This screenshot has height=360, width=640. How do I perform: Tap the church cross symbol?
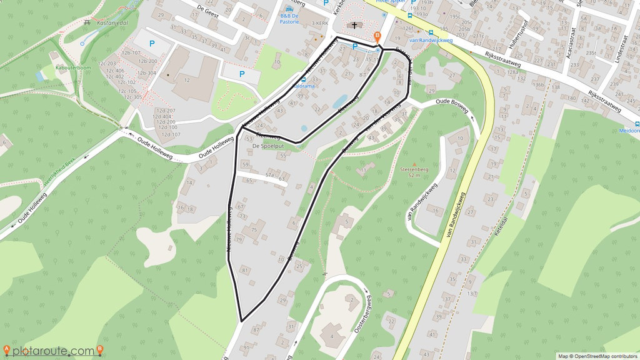click(x=356, y=26)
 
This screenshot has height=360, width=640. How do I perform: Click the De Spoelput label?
click(x=269, y=146)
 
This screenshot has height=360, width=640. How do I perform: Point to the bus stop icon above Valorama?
click(x=304, y=80)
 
